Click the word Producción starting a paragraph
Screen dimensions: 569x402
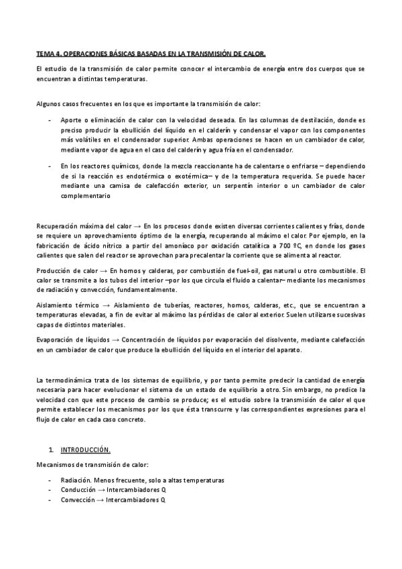(x=53, y=270)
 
